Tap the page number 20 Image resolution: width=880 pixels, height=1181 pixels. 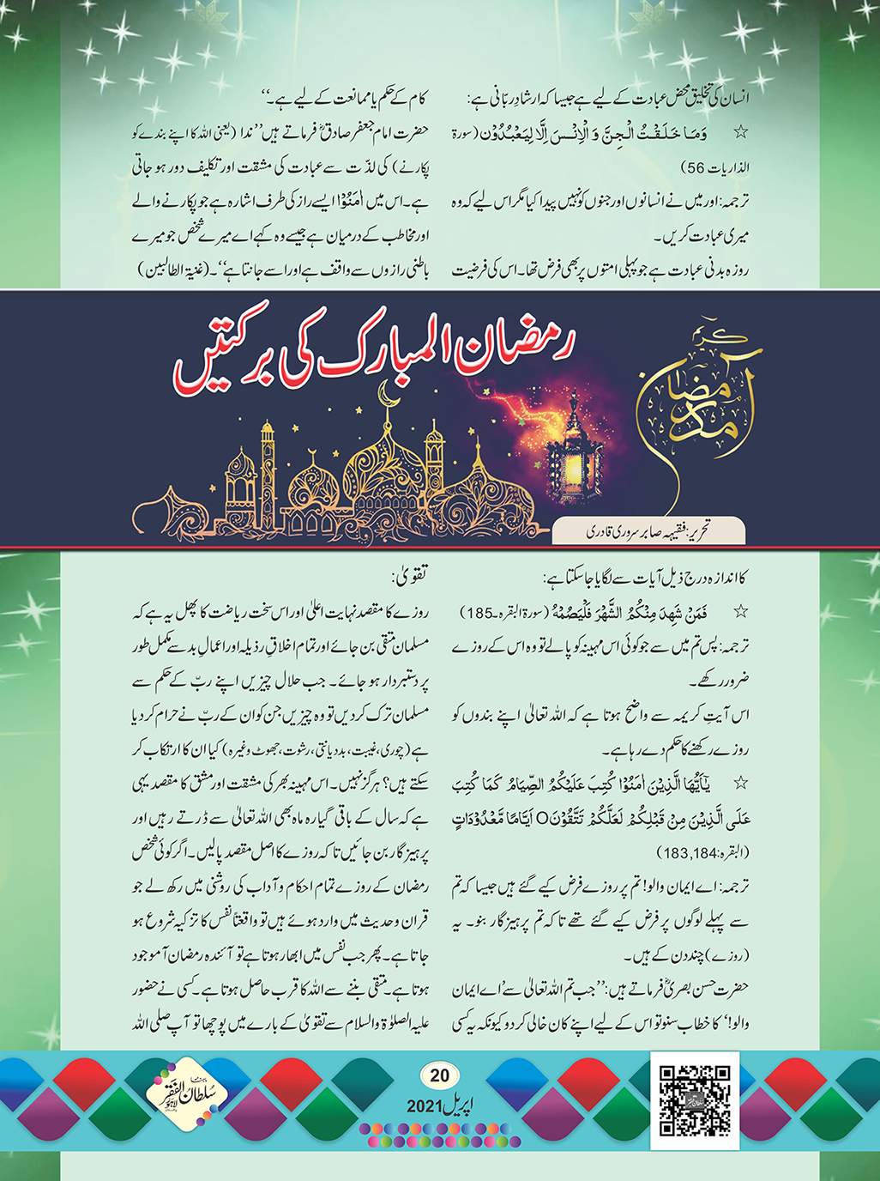click(x=439, y=1075)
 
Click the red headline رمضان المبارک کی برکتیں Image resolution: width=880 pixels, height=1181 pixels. click(x=374, y=352)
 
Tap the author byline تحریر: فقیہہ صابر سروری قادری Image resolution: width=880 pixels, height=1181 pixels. click(x=648, y=531)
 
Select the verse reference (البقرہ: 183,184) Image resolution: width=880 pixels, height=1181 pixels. click(x=702, y=852)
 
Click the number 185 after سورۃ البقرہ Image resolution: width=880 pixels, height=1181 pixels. click(x=479, y=613)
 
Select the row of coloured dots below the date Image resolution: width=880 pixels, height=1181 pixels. click(x=439, y=1135)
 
